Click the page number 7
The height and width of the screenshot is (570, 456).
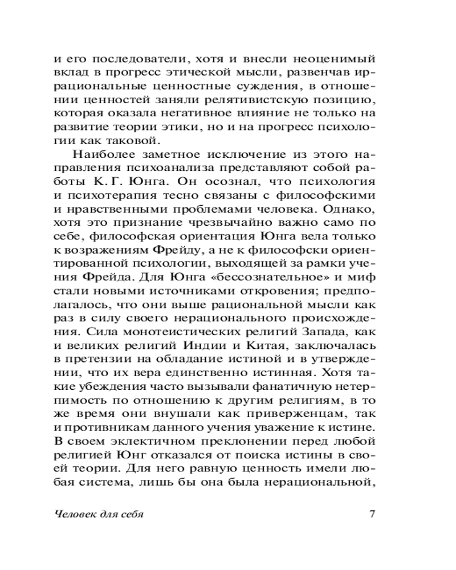pyautogui.click(x=371, y=513)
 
